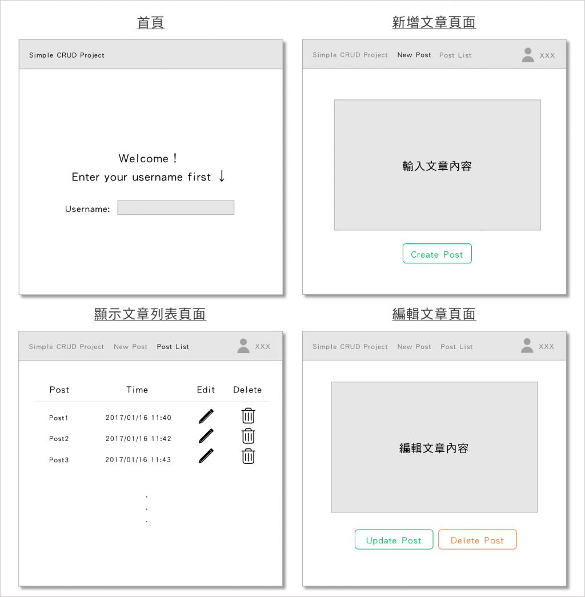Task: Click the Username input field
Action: tap(175, 207)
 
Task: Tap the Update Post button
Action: tap(394, 539)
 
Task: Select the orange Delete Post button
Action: tap(477, 539)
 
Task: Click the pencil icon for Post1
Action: tap(206, 416)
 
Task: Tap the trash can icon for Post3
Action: tap(249, 456)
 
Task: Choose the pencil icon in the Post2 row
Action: tap(206, 436)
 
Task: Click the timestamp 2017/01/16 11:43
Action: tap(138, 459)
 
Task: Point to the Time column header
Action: tap(137, 390)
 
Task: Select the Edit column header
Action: tap(206, 390)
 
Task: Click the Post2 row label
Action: tap(59, 439)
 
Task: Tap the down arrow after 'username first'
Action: tap(222, 176)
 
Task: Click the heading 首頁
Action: tap(151, 22)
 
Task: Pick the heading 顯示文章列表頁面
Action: tap(150, 314)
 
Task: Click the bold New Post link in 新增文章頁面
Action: tap(414, 55)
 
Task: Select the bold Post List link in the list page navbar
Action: tap(173, 346)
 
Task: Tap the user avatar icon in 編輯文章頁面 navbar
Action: tap(527, 346)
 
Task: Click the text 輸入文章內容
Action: tap(437, 166)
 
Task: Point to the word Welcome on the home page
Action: tap(143, 158)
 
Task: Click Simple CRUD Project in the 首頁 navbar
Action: tap(67, 55)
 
